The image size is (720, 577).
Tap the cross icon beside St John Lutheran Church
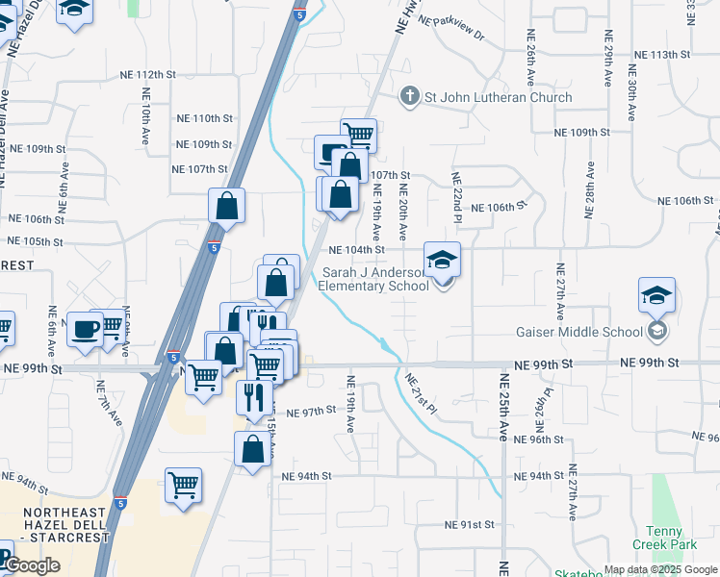[409, 97]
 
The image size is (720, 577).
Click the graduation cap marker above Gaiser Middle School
[656, 295]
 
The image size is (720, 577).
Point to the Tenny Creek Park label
[664, 539]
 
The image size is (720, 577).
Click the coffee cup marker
[85, 329]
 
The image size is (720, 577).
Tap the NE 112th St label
[148, 74]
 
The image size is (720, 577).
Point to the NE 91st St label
[469, 525]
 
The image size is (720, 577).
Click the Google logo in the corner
[32, 565]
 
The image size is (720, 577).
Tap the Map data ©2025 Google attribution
[660, 569]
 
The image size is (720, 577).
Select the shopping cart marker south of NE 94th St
[183, 486]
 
